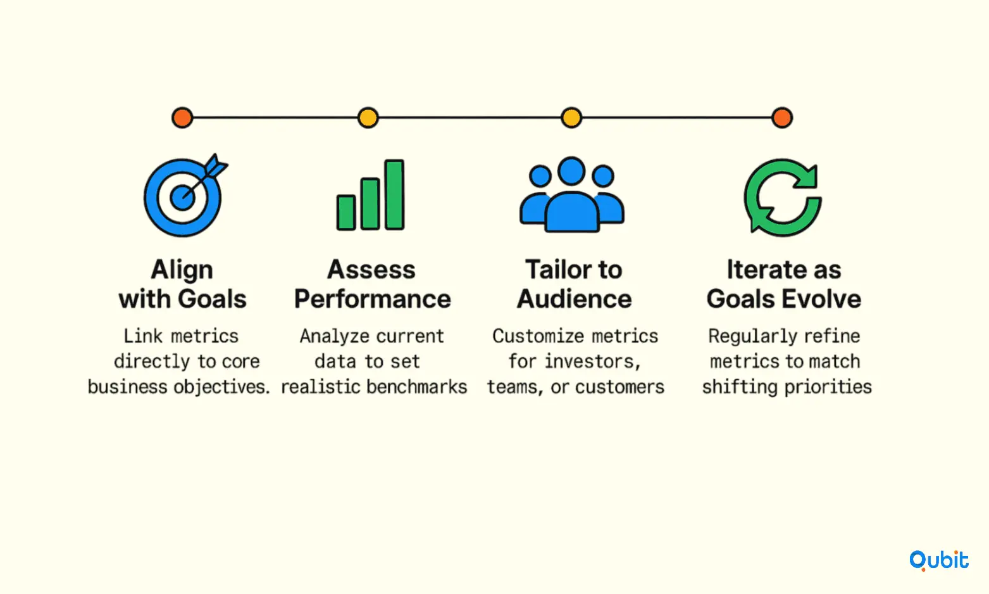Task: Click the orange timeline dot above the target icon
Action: click(x=182, y=118)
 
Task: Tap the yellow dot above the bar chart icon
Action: click(x=368, y=118)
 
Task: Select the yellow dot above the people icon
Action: click(x=571, y=118)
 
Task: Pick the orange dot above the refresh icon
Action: click(x=782, y=118)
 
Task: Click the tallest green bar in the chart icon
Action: click(x=394, y=194)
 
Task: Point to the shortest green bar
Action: click(x=346, y=212)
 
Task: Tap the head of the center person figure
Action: click(x=571, y=170)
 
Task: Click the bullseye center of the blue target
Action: click(x=182, y=198)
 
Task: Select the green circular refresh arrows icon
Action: click(x=782, y=197)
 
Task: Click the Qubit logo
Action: click(x=938, y=560)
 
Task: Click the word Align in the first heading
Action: click(x=182, y=270)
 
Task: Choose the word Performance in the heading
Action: click(x=372, y=299)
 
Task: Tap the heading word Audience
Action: click(x=574, y=299)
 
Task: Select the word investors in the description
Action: click(x=592, y=362)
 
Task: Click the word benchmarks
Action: click(x=417, y=387)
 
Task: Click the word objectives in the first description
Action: click(x=221, y=388)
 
